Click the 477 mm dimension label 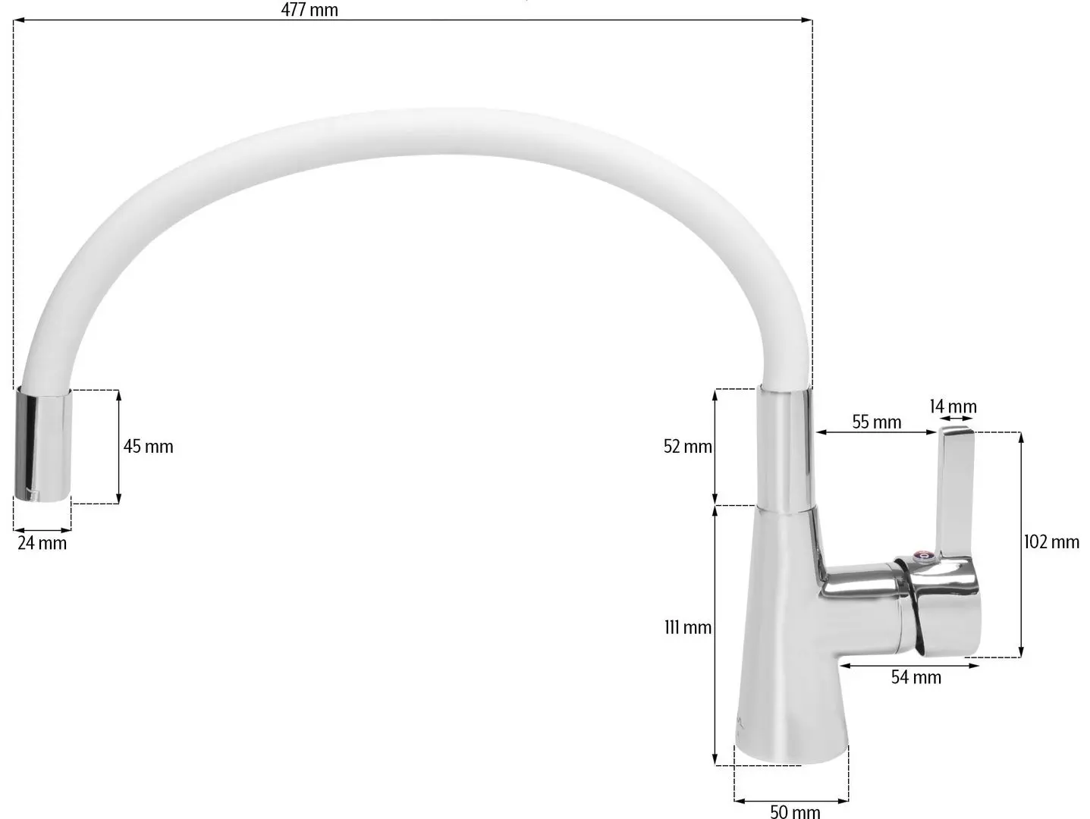tap(309, 10)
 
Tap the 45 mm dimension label tap(149, 447)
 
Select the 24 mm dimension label tap(42, 543)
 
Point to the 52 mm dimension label tap(687, 447)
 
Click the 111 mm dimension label tap(687, 627)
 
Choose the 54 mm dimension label tap(916, 677)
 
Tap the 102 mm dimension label tap(1051, 541)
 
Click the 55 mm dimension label tap(876, 422)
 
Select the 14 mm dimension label tap(953, 406)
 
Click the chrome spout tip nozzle tap(43, 445)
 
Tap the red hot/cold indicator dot tap(924, 557)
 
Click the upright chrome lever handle tap(956, 493)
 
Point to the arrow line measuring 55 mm tap(875, 433)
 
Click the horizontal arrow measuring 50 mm tap(791, 799)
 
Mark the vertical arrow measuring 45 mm tap(118, 447)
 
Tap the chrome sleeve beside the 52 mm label tap(787, 447)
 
